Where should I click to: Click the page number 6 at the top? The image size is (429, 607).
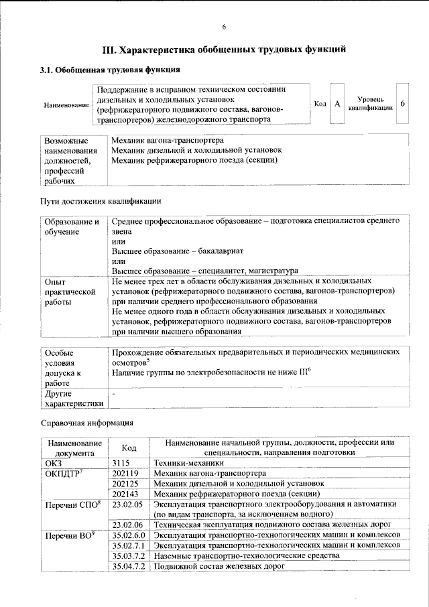pyautogui.click(x=225, y=27)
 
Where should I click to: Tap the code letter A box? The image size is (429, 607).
pyautogui.click(x=337, y=104)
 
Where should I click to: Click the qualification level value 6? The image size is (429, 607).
pyautogui.click(x=402, y=104)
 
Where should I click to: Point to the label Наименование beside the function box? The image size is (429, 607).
pyautogui.click(x=66, y=105)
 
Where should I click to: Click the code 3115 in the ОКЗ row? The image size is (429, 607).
pyautogui.click(x=121, y=463)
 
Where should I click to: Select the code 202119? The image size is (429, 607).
pyautogui.click(x=125, y=473)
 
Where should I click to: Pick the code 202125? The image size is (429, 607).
pyautogui.click(x=125, y=483)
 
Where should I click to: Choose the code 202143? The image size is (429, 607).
pyautogui.click(x=125, y=493)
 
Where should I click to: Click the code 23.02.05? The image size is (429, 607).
pyautogui.click(x=128, y=503)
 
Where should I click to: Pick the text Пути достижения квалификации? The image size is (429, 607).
pyautogui.click(x=101, y=201)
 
